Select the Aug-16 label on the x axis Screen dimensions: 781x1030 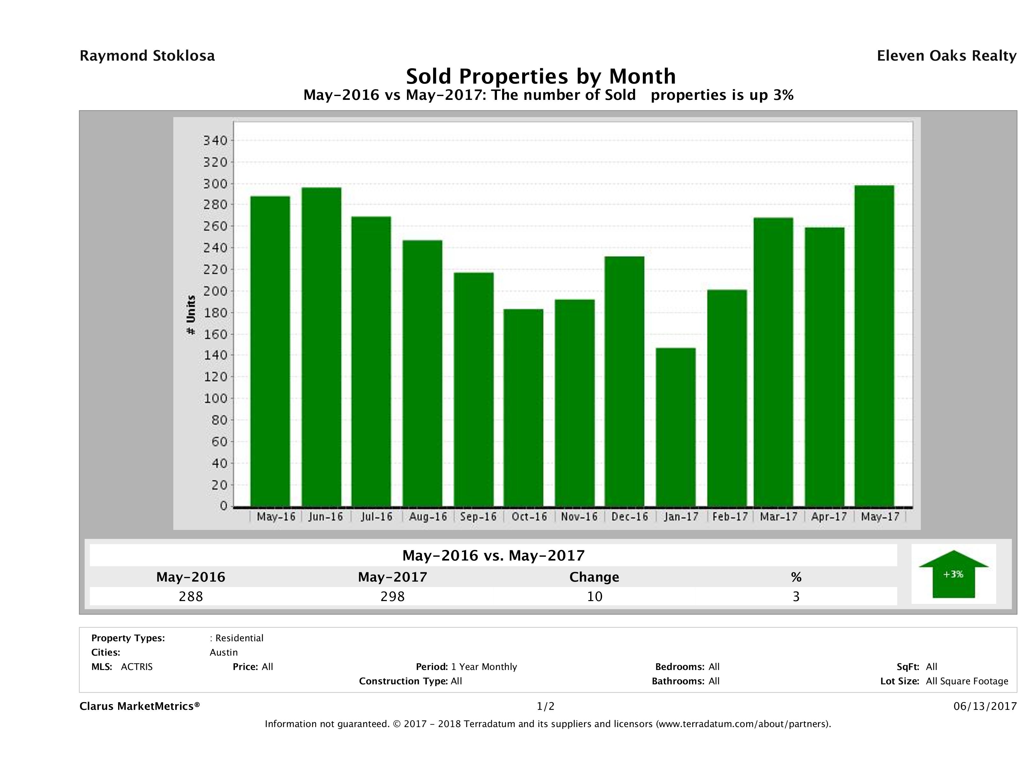427,517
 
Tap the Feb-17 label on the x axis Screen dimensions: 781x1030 730,517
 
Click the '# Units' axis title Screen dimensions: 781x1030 191,315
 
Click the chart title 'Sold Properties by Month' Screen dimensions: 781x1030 541,76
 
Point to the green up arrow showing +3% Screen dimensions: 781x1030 953,574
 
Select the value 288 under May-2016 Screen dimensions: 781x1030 191,596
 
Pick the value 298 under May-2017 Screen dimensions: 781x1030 393,596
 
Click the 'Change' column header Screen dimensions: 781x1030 594,577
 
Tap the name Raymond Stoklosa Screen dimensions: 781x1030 147,56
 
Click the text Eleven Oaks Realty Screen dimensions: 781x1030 946,56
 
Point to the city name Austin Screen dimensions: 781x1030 223,652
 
